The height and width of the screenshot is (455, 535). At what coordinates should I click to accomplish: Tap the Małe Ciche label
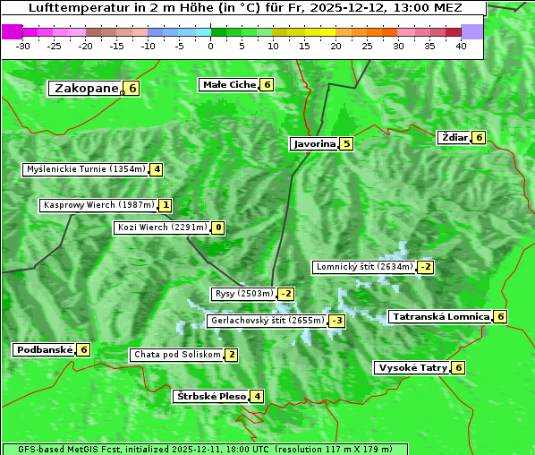pos(228,84)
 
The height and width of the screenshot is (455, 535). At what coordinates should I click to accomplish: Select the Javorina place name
pos(314,143)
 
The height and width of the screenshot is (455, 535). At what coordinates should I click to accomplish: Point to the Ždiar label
pos(454,137)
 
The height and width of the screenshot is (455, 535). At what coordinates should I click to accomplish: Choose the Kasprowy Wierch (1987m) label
pos(98,205)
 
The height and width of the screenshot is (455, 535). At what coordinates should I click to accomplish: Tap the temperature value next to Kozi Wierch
pos(218,227)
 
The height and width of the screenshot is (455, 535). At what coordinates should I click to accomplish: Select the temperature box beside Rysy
pos(286,294)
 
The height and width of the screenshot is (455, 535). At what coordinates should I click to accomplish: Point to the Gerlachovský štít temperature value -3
pos(337,321)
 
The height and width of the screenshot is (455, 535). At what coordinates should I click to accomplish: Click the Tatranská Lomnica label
pos(440,316)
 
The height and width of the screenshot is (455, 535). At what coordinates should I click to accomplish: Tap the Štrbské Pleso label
pos(210,396)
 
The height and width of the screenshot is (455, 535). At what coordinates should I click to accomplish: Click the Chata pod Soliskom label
pos(175,355)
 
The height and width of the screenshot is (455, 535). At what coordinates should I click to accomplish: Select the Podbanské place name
pos(43,349)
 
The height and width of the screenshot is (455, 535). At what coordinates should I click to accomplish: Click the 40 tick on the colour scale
pos(461,46)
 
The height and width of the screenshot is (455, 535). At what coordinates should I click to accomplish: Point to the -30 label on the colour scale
pos(23,46)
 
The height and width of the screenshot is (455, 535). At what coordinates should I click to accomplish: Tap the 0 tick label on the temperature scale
pos(210,46)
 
